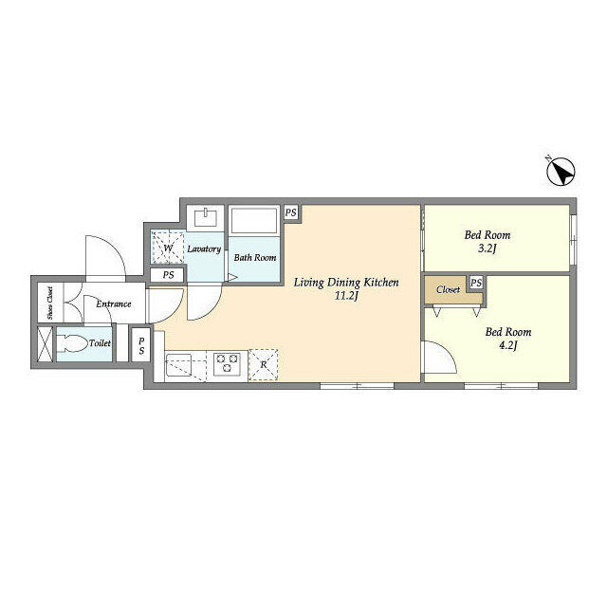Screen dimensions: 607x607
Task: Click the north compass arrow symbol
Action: tap(561, 172)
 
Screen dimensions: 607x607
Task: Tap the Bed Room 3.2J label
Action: tap(487, 241)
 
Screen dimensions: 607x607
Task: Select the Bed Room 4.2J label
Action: tap(508, 339)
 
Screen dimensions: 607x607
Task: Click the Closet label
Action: tap(449, 289)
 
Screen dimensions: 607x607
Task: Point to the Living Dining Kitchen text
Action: tap(345, 282)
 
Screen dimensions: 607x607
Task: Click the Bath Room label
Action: tap(255, 257)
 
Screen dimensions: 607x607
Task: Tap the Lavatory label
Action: tap(204, 249)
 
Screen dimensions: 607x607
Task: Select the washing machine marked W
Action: tap(168, 248)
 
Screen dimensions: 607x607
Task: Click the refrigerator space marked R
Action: tap(263, 364)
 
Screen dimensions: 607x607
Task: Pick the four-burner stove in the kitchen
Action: tap(229, 363)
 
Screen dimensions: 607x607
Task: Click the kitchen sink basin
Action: tap(180, 363)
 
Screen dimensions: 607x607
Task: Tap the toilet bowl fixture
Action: tap(77, 343)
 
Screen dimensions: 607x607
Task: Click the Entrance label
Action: tap(113, 303)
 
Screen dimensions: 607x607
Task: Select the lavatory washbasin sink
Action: tap(205, 217)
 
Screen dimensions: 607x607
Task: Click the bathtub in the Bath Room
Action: tap(254, 224)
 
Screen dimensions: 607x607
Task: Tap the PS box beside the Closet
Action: tap(475, 284)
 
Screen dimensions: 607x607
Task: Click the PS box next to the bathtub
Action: tap(290, 212)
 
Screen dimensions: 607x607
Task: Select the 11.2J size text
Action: tap(345, 296)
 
